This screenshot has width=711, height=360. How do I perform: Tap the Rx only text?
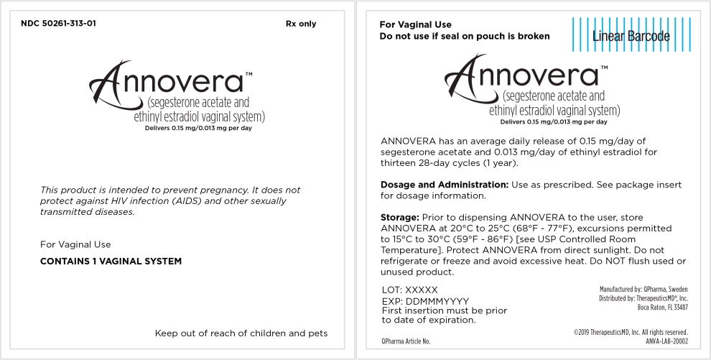(300, 24)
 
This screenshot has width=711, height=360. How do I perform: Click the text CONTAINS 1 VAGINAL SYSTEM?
(111, 261)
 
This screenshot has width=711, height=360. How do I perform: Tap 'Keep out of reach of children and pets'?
(241, 333)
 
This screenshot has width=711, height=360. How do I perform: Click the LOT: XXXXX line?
(409, 289)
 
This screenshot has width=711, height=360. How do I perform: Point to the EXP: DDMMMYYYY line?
(425, 300)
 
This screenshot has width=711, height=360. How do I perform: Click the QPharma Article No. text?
(406, 341)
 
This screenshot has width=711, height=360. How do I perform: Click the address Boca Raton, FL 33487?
(662, 307)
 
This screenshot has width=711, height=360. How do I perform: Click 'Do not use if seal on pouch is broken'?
(464, 36)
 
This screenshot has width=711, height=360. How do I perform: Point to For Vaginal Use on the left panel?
(75, 244)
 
